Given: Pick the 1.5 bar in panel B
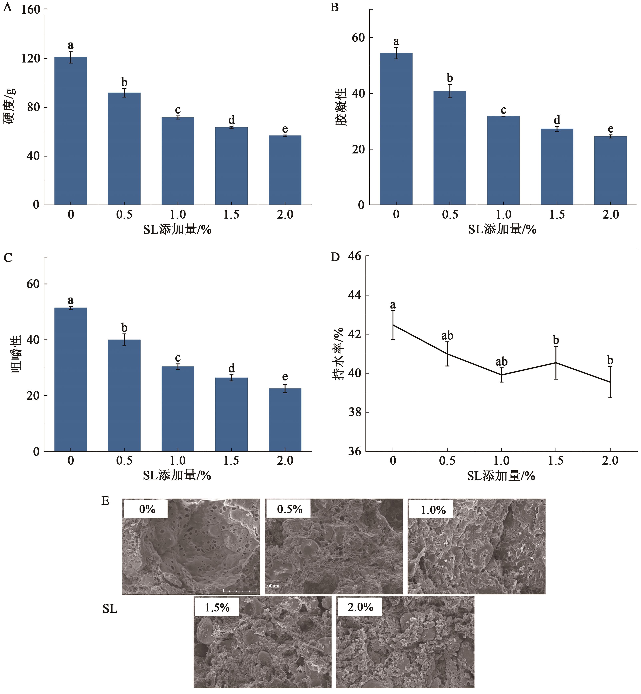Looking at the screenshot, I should pos(557,167).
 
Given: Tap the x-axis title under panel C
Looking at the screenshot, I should pos(177,475).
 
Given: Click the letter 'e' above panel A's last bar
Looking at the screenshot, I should pos(285,129).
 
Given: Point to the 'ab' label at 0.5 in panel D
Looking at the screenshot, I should pos(447,336).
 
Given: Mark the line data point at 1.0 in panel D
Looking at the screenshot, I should pos(501,375).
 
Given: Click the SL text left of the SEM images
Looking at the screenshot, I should pos(110,609).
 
